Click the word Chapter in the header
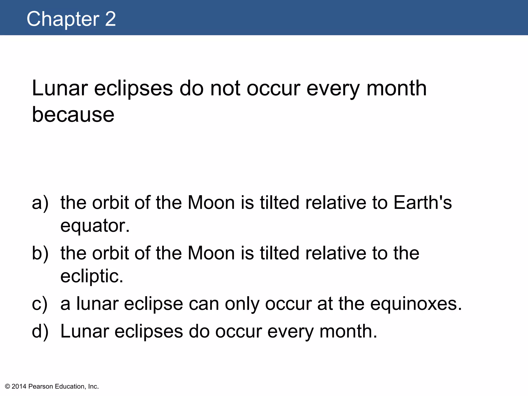click(63, 19)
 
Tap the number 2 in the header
click(110, 19)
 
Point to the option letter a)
click(40, 203)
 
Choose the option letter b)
click(40, 253)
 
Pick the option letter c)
click(40, 304)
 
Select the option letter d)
click(40, 331)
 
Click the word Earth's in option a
click(423, 203)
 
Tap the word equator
click(95, 226)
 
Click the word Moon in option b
click(211, 253)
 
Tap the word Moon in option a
click(211, 203)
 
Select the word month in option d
click(348, 331)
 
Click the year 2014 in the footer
click(19, 386)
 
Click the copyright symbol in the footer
click(7, 386)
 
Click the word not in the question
click(225, 88)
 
